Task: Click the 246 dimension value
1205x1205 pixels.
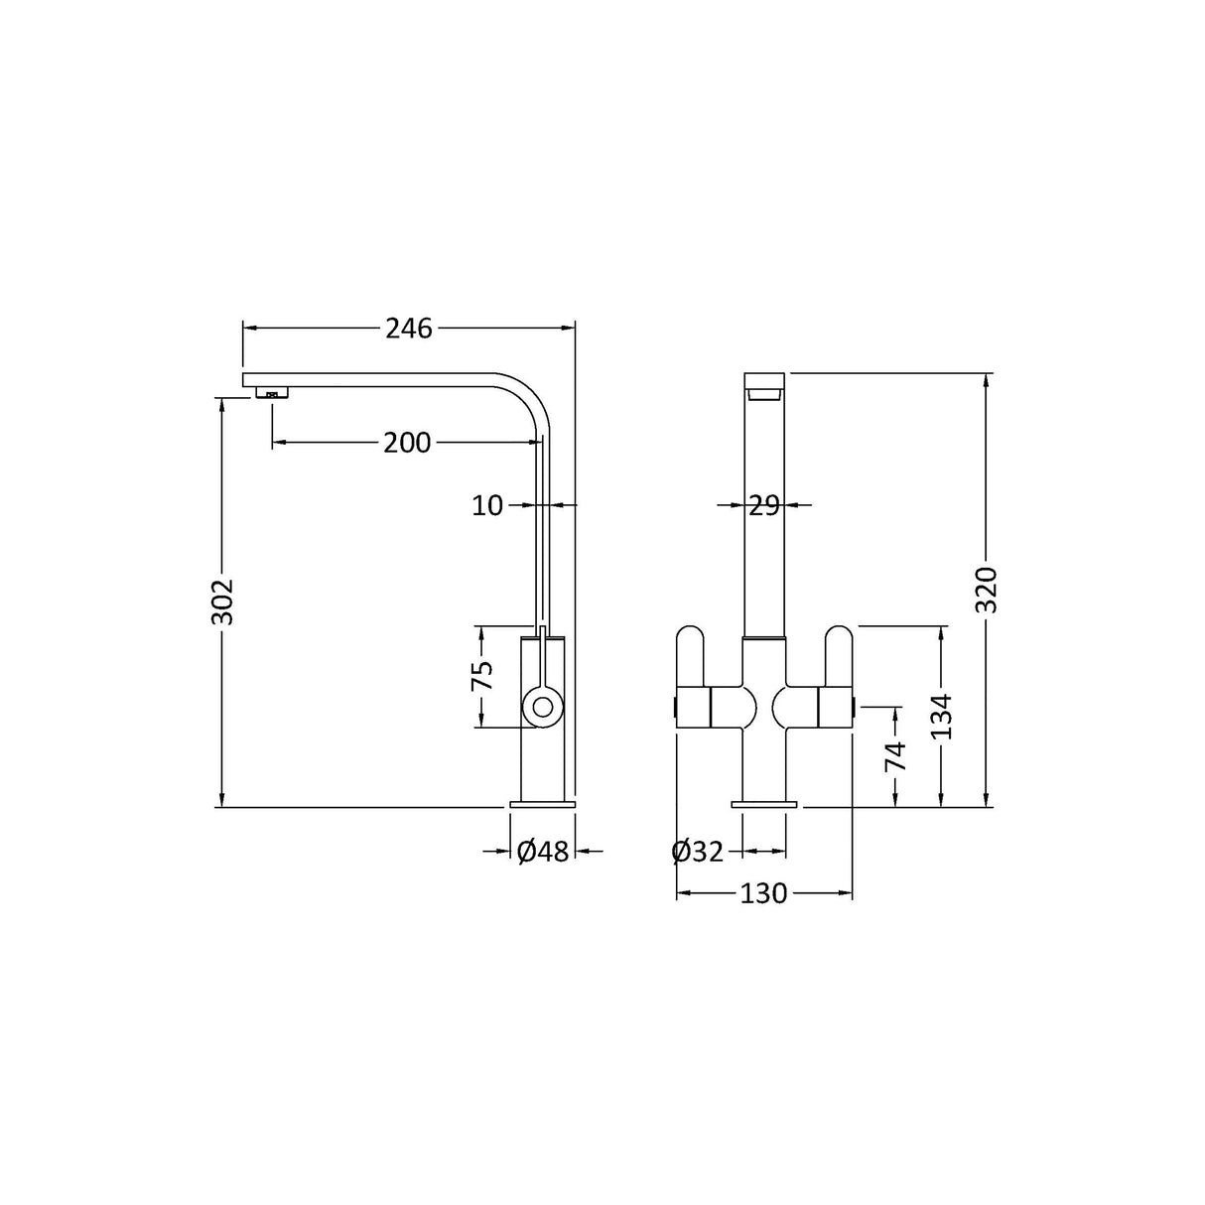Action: [x=409, y=329]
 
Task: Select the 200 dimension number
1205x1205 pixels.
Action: [x=407, y=443]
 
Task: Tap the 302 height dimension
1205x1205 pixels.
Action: [x=223, y=600]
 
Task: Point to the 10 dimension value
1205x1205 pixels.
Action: [x=487, y=506]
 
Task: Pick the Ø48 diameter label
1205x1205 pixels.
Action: [x=543, y=852]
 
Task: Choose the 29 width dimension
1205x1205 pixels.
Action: [x=763, y=506]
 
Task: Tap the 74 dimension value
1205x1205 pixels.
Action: [x=895, y=756]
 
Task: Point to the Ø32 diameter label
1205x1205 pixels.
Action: [x=697, y=852]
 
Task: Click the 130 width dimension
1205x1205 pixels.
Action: [x=763, y=894]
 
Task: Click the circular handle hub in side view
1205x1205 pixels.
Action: [x=543, y=708]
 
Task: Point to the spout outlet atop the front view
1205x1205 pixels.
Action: [x=764, y=393]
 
